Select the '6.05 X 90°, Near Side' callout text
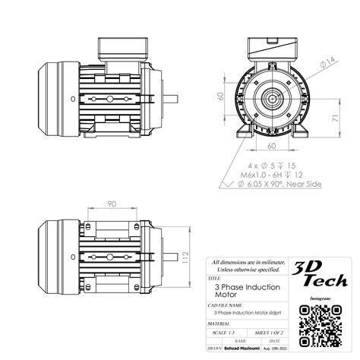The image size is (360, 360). [274, 184]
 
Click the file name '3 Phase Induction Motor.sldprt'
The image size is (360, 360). [245, 312]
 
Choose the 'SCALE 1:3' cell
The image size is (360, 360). [226, 333]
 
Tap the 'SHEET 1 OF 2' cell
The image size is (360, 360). [266, 333]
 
